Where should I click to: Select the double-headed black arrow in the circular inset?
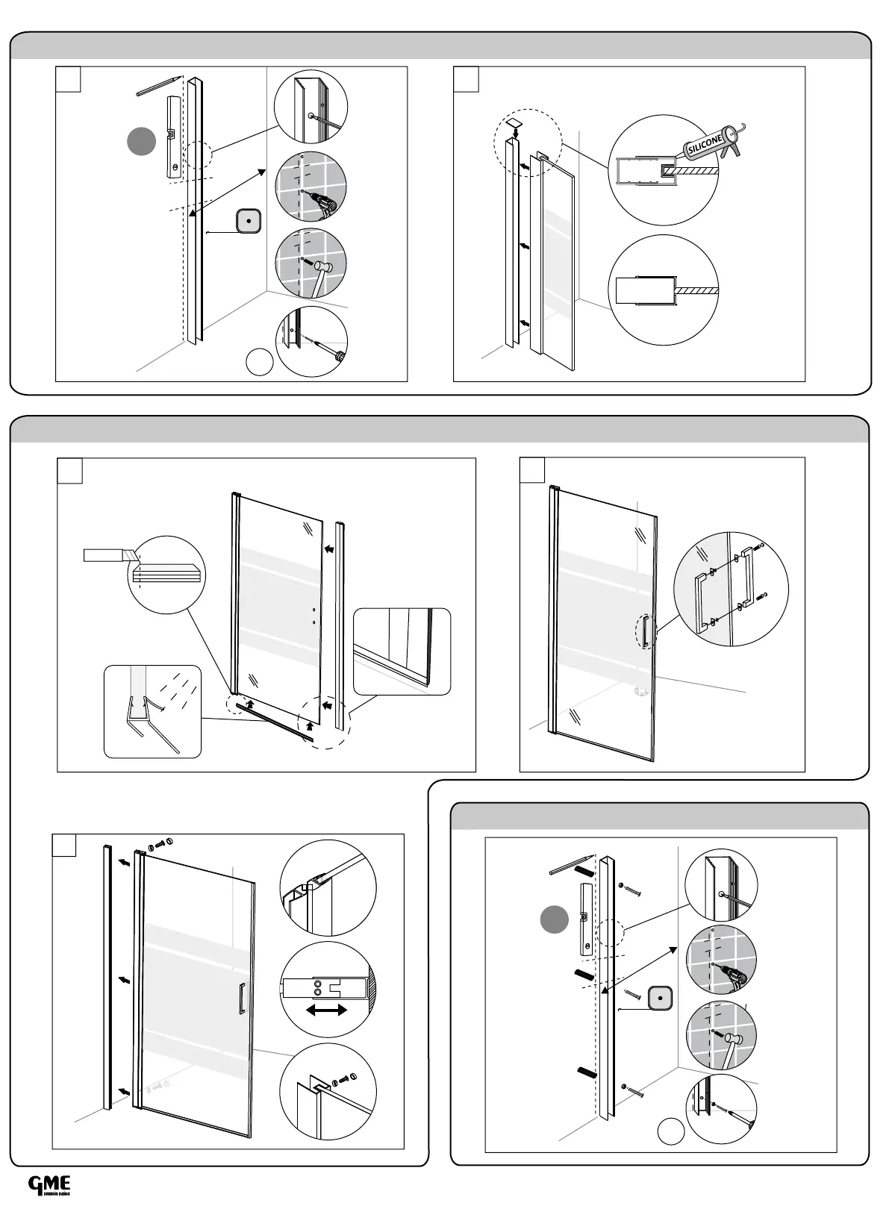[x=327, y=1010]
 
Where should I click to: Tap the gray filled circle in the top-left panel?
[x=141, y=142]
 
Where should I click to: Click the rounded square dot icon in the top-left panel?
[x=248, y=221]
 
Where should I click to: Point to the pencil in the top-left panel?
[x=159, y=84]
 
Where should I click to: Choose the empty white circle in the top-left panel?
[x=259, y=363]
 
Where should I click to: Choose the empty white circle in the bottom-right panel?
[x=671, y=1132]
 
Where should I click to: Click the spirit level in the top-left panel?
[x=172, y=137]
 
